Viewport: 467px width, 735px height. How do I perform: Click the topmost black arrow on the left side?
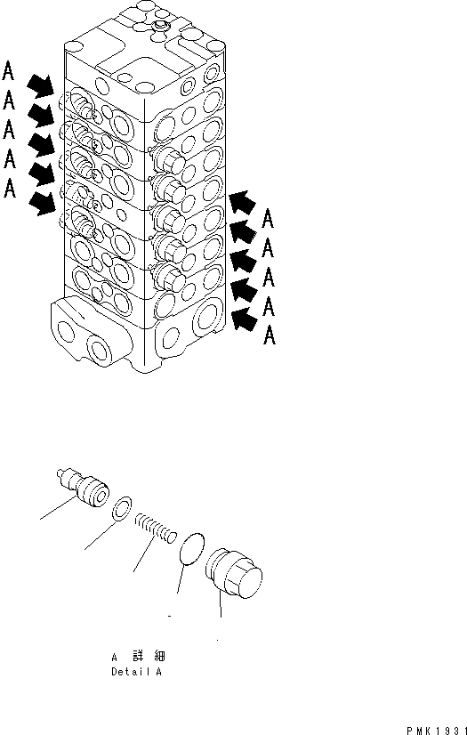point(39,85)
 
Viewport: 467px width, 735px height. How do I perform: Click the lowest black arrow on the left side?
point(39,204)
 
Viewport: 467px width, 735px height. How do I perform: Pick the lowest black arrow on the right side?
point(241,316)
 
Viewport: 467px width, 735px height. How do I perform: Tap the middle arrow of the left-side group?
point(39,144)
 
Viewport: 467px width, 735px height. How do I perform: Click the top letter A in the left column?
point(9,69)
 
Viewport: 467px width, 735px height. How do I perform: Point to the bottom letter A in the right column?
point(270,336)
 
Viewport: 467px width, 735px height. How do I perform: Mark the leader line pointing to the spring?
point(140,561)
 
